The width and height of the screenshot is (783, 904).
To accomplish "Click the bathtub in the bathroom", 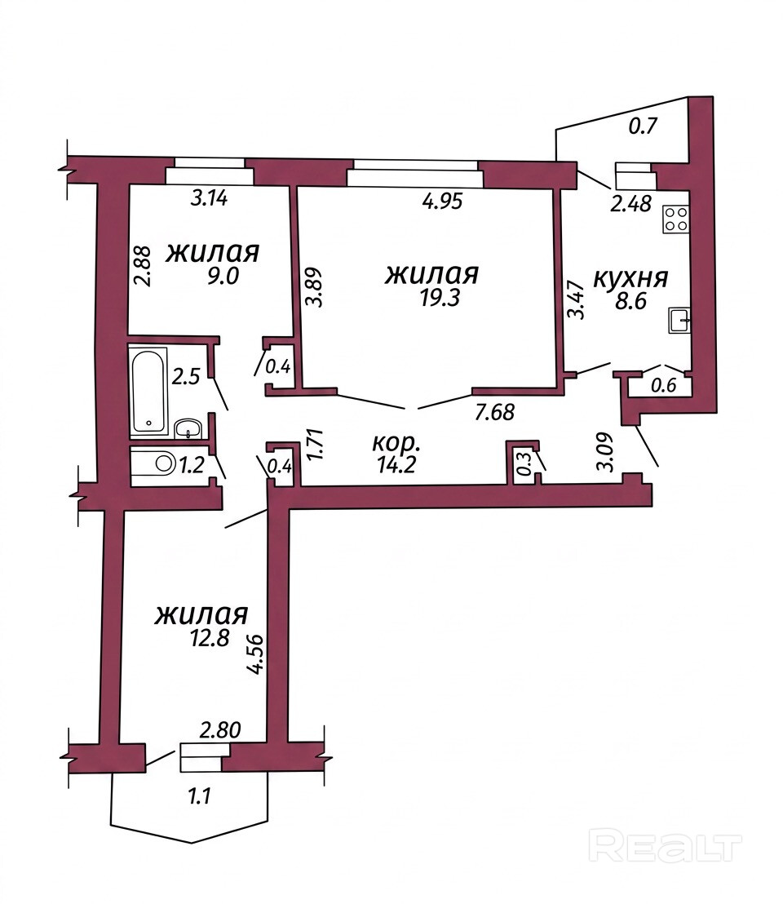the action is click(148, 391).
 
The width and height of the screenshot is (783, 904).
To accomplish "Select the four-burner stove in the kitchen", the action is click(676, 219).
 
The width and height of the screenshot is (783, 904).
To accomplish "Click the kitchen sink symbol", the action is click(679, 321).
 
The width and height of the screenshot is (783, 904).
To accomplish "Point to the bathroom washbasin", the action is click(188, 428).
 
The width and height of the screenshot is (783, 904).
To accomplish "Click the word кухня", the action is click(630, 279).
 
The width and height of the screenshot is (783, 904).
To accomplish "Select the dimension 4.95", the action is click(443, 202).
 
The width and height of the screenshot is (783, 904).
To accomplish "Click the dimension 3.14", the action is click(209, 198).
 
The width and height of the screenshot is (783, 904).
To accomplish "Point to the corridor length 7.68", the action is click(494, 412).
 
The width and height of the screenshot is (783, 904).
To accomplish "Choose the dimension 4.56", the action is click(254, 654).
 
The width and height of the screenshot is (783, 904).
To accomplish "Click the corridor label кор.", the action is click(396, 444).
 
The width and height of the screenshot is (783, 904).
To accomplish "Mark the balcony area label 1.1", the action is click(199, 796).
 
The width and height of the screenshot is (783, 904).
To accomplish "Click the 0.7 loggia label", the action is click(643, 125).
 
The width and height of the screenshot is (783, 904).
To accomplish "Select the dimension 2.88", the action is click(142, 266).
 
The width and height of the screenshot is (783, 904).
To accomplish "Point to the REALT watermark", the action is click(666, 847).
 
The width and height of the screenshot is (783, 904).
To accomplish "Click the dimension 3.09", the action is click(606, 452).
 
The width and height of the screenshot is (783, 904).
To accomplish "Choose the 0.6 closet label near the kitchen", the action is click(664, 384).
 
